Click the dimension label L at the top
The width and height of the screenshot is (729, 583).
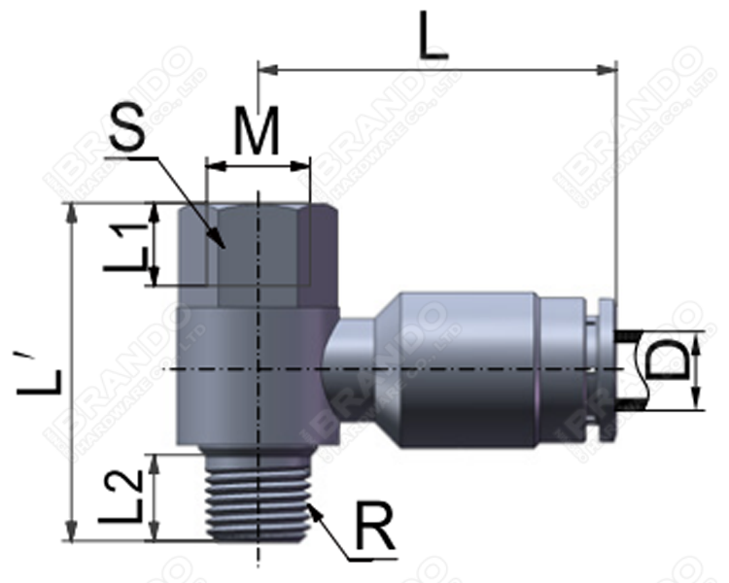click(x=433, y=36)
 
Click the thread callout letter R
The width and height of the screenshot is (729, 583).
click(x=373, y=530)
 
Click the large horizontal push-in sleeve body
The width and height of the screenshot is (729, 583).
click(x=467, y=369)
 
